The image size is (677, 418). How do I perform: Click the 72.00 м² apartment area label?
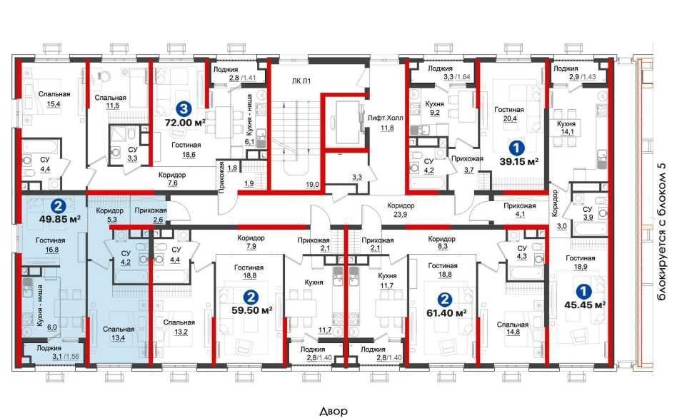(x=185, y=123)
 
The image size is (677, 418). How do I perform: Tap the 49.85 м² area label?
(x=60, y=219)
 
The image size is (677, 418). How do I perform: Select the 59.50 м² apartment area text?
(x=251, y=310)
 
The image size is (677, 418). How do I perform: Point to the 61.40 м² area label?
(x=446, y=312)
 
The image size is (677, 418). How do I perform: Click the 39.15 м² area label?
(x=518, y=162)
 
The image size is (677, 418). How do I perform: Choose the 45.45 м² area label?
(x=585, y=305)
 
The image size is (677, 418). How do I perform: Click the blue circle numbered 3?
(x=184, y=108)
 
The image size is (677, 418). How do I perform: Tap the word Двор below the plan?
(x=334, y=412)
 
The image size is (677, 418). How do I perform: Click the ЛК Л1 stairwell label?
(x=301, y=81)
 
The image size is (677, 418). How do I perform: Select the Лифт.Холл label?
(x=386, y=117)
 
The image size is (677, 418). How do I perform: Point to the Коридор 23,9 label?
(x=401, y=210)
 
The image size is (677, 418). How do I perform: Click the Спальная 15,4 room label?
(x=54, y=98)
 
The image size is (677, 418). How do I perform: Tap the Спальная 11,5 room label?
(x=111, y=102)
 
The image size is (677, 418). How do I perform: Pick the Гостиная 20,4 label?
(x=509, y=114)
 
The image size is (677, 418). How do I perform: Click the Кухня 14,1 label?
(x=566, y=128)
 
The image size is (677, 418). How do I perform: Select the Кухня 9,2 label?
(x=434, y=108)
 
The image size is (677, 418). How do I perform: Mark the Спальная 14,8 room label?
(x=513, y=329)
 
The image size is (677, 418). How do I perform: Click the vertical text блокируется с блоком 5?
(x=661, y=232)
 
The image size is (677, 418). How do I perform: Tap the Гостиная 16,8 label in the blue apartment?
(x=51, y=245)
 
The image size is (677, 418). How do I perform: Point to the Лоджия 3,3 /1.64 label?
(x=448, y=73)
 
